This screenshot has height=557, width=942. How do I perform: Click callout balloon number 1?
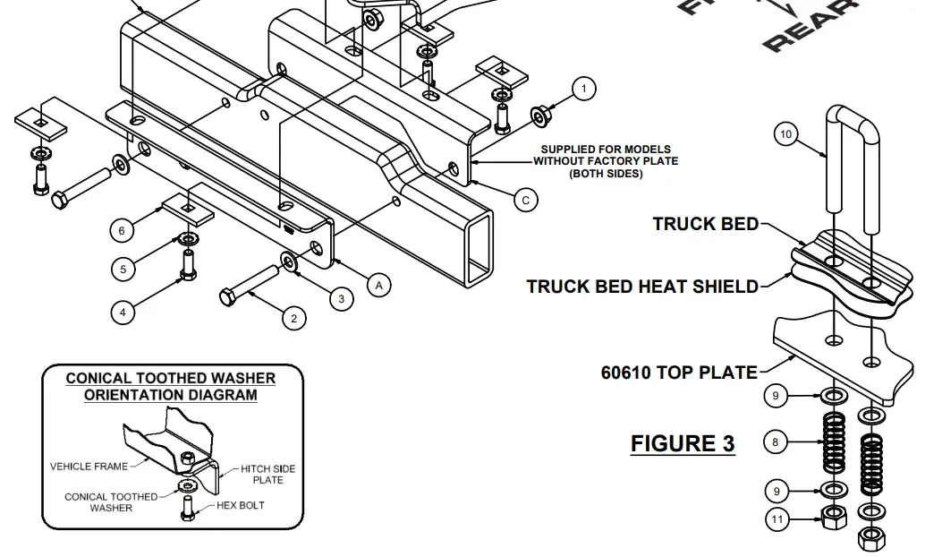click(584, 89)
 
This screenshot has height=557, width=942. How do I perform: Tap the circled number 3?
click(341, 298)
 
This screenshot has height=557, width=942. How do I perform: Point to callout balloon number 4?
click(123, 312)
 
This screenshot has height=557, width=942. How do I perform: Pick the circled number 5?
click(123, 268)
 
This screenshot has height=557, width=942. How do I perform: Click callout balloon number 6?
click(123, 230)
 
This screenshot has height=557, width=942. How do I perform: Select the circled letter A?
click(378, 286)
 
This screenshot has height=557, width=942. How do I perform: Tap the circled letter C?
click(525, 200)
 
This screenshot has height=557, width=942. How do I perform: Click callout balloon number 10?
click(785, 134)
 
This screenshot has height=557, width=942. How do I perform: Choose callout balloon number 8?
click(776, 441)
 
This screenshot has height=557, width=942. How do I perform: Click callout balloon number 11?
click(776, 518)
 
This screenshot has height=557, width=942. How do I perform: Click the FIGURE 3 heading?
click(683, 443)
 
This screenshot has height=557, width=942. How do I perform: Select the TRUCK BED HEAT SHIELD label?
click(641, 287)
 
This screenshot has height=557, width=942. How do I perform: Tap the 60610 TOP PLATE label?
click(679, 372)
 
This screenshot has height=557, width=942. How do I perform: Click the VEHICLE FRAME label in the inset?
click(88, 466)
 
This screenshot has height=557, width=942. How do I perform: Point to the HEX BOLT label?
click(241, 505)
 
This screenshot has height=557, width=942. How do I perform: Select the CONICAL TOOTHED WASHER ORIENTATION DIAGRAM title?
click(171, 386)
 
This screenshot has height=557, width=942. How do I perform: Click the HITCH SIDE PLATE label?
click(267, 475)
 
